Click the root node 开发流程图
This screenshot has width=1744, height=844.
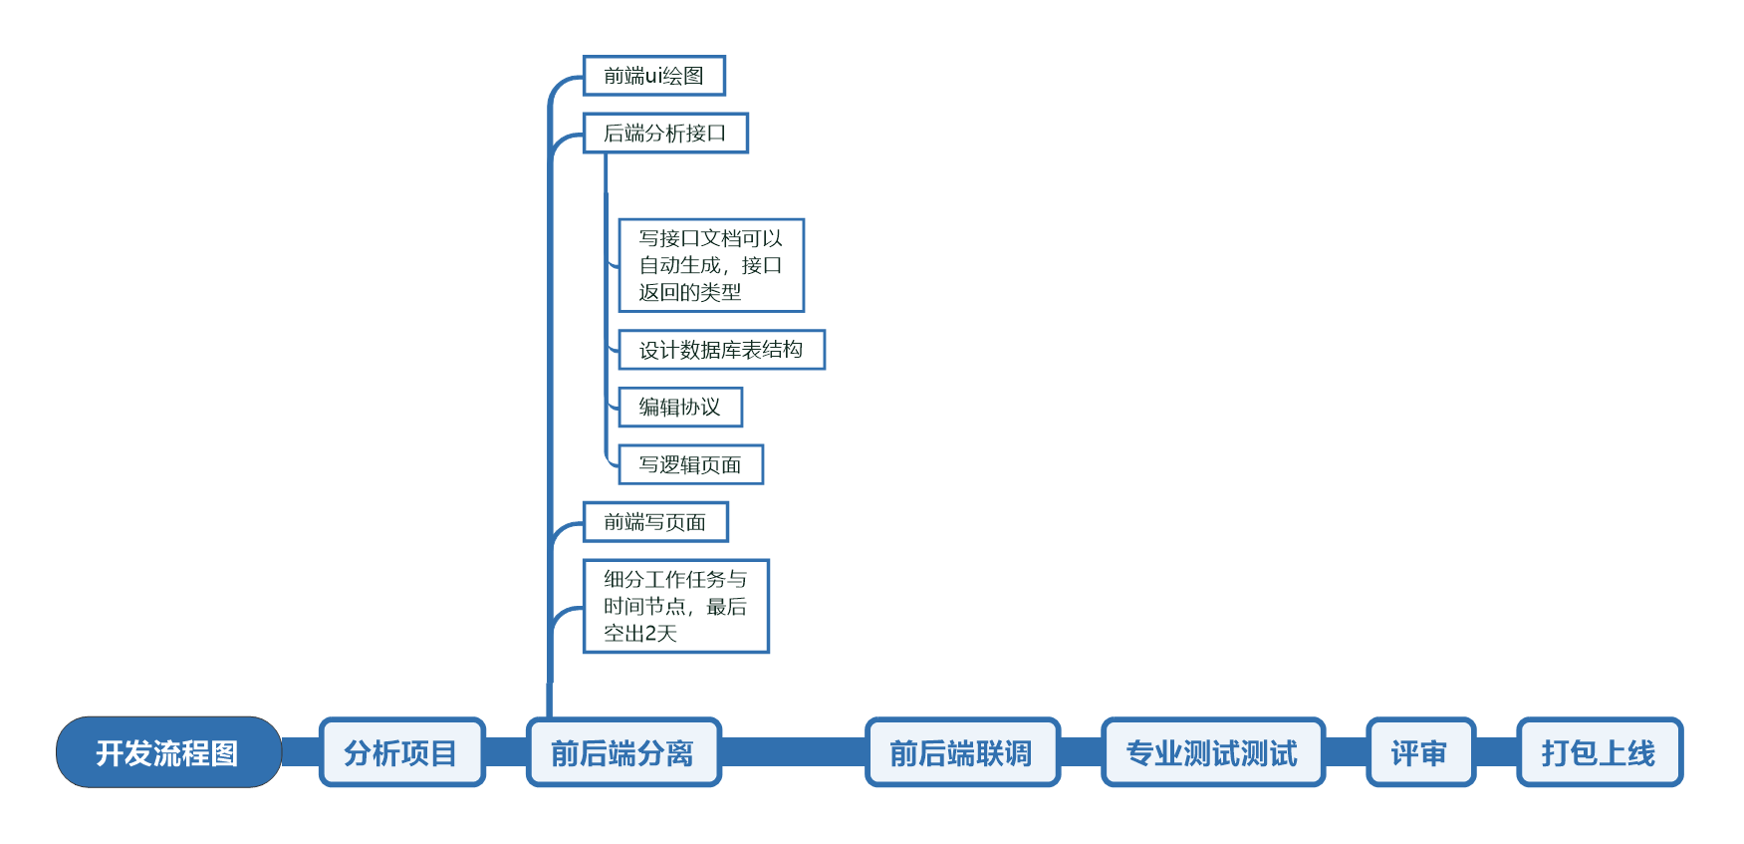click(168, 752)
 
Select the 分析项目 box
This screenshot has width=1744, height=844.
click(401, 752)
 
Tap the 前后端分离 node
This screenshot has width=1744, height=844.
click(623, 752)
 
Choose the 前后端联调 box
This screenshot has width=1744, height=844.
click(961, 752)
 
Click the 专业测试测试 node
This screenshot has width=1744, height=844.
click(1212, 752)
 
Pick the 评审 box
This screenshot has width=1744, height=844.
click(1419, 752)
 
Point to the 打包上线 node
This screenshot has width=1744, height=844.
click(1599, 752)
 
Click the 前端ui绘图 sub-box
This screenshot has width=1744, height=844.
click(653, 76)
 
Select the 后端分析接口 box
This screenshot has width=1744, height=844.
click(664, 133)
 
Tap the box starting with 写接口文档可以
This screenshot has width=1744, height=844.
click(710, 265)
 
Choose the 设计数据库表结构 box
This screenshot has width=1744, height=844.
click(721, 350)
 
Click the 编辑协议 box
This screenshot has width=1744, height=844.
click(679, 407)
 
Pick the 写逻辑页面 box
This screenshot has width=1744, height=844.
click(690, 464)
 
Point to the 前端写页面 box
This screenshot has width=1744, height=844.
click(654, 522)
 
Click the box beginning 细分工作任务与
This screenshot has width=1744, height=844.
click(675, 606)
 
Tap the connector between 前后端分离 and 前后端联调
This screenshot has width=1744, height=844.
click(793, 752)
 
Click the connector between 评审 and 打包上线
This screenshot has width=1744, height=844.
click(1496, 752)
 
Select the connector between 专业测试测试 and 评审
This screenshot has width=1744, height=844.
click(1346, 752)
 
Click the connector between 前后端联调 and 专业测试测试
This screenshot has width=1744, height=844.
click(1081, 752)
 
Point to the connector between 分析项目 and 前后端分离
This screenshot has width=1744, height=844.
click(506, 752)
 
